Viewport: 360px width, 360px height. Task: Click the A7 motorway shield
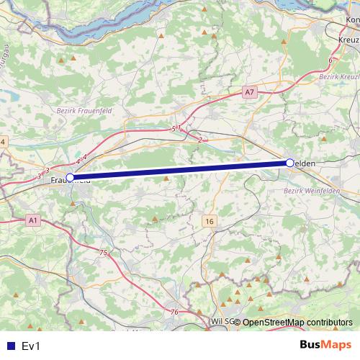click(x=249, y=92)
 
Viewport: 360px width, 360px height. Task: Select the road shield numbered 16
click(x=209, y=220)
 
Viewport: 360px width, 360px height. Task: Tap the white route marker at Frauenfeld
click(x=70, y=177)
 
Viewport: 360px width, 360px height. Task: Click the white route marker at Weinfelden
click(x=289, y=163)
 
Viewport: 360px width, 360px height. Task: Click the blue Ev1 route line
click(x=180, y=170)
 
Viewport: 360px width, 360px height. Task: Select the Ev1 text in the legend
click(x=32, y=346)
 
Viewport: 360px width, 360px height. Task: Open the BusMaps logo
click(x=325, y=345)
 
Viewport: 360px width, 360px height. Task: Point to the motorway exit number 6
click(x=330, y=60)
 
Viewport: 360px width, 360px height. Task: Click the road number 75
click(x=104, y=253)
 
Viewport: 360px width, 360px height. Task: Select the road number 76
click(x=175, y=312)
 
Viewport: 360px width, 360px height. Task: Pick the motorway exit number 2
click(x=199, y=140)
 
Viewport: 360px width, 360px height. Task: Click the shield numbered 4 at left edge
click(x=3, y=142)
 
